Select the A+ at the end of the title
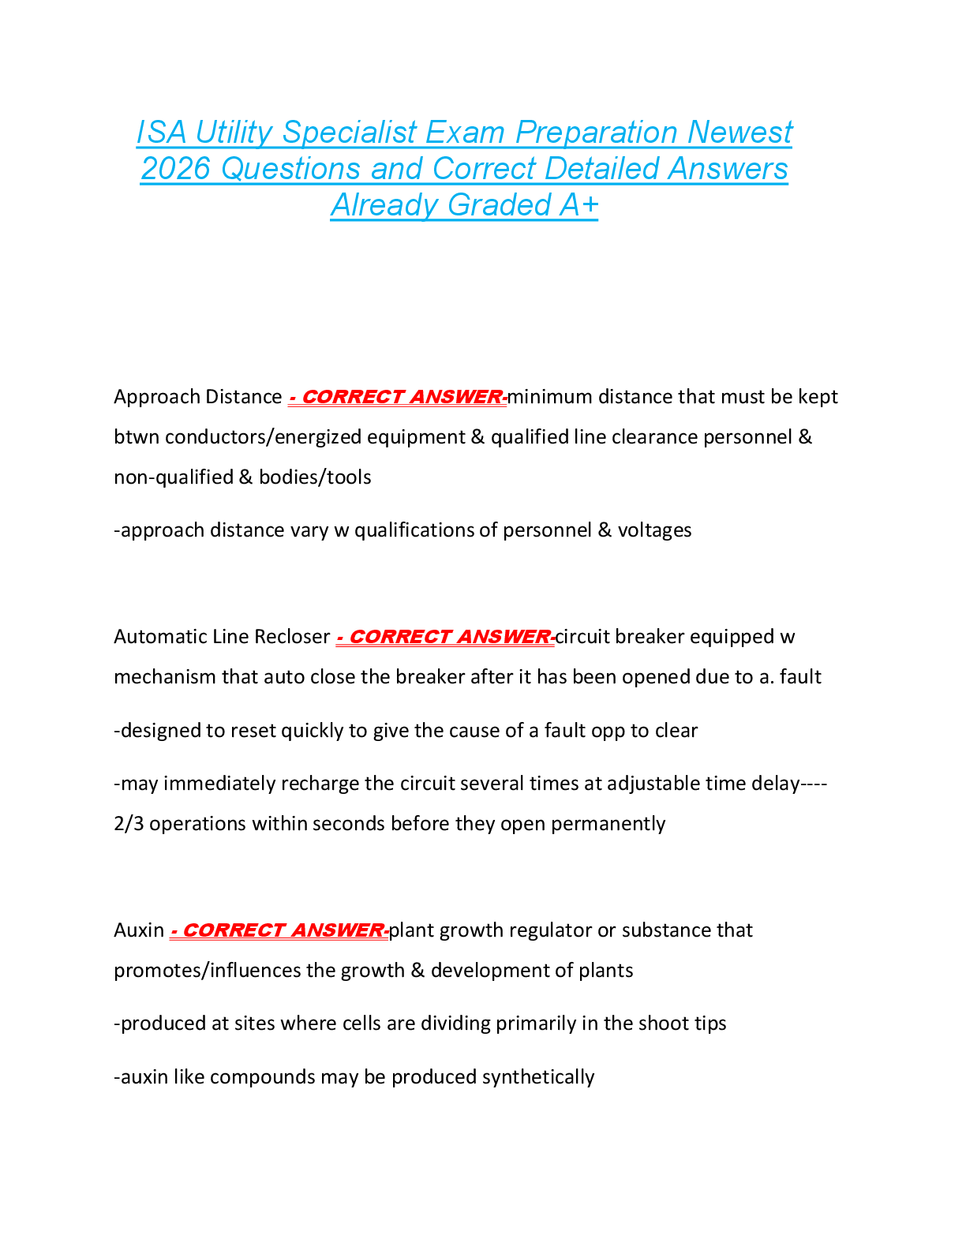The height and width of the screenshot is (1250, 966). [579, 205]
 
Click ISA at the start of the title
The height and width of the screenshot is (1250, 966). [161, 133]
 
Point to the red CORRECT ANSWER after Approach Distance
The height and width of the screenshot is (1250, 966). [398, 397]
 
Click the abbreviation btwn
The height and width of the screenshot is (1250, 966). [137, 437]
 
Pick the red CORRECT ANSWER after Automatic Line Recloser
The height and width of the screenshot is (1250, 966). [445, 637]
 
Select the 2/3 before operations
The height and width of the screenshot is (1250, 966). [129, 824]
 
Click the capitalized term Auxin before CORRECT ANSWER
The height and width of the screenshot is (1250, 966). [139, 930]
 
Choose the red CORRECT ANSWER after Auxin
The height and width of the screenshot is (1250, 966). [279, 931]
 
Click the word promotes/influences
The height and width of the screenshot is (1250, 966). [208, 971]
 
